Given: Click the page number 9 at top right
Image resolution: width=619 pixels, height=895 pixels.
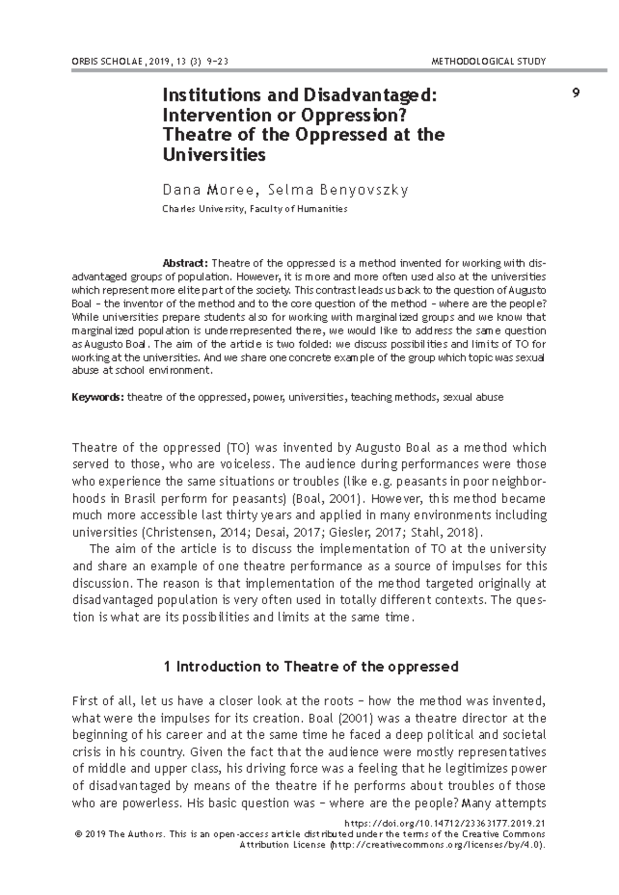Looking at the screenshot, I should click(x=576, y=93).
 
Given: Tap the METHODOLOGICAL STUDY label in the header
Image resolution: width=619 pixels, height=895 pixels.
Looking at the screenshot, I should click(x=488, y=62).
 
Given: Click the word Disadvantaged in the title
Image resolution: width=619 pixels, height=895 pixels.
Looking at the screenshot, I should click(x=370, y=95).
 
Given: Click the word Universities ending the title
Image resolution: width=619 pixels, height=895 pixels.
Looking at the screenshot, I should click(x=214, y=154).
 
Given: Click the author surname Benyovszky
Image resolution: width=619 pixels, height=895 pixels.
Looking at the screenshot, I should click(x=364, y=190).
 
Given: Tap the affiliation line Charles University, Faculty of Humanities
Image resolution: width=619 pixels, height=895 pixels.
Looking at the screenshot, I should click(x=255, y=209).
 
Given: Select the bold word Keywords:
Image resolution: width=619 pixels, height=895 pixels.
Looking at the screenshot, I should click(x=97, y=397).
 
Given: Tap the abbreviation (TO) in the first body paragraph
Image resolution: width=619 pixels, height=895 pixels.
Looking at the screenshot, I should click(x=238, y=447).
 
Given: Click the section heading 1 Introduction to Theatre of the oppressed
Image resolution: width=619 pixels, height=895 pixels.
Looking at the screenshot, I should click(x=311, y=667).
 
